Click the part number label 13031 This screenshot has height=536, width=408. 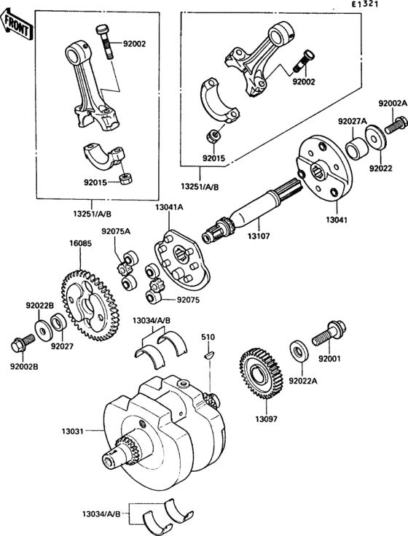coord(72,431)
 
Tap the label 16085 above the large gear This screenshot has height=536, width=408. coord(80,244)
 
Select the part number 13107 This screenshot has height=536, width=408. coord(259,236)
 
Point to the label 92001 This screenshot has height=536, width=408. coord(329,359)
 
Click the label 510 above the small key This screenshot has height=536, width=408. coord(208,337)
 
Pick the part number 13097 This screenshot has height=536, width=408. coord(267,419)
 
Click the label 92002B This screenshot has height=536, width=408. coord(24,367)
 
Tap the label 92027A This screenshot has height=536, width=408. coord(353,121)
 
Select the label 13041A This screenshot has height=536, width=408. coord(169,207)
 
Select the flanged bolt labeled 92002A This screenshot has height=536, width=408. coord(396,125)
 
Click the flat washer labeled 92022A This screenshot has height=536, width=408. coord(299,351)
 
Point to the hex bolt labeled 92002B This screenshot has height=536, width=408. coord(23,343)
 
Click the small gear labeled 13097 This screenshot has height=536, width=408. coord(262,373)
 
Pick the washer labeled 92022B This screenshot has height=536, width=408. coord(42,330)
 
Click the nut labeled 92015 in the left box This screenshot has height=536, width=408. coord(126,179)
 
